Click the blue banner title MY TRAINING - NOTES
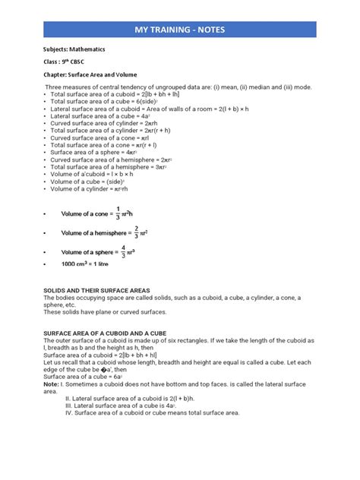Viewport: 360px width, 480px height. coord(179,30)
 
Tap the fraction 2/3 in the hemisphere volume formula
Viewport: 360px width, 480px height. coord(136,232)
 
